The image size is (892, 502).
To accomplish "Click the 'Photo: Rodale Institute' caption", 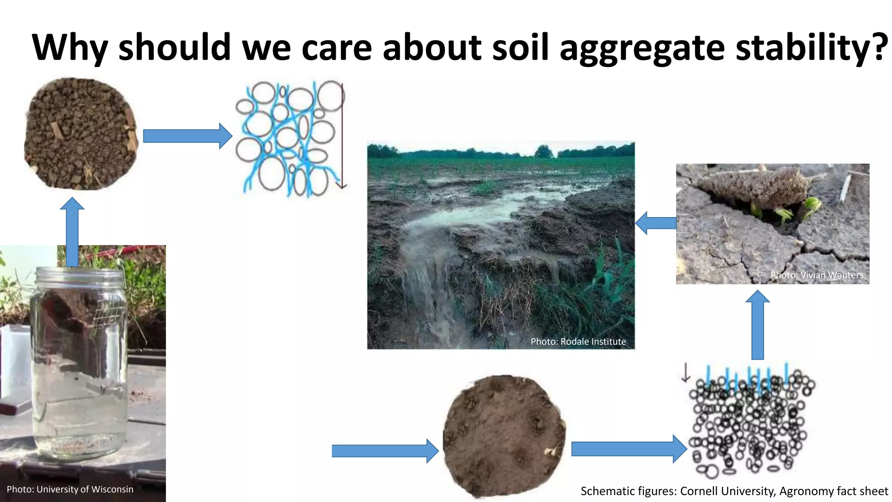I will click(x=578, y=342).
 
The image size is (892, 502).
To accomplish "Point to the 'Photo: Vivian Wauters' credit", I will click(x=817, y=275).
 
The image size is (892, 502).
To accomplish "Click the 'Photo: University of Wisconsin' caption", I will click(x=70, y=489).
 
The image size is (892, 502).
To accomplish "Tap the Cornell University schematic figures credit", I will click(x=734, y=491).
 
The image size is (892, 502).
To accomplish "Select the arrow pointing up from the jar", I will click(x=72, y=231).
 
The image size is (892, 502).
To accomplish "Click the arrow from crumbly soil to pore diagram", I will click(x=187, y=136).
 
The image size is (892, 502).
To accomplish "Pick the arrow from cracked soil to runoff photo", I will click(x=656, y=223).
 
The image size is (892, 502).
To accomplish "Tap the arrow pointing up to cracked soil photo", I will click(x=757, y=325).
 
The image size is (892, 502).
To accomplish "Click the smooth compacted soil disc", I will click(x=504, y=436).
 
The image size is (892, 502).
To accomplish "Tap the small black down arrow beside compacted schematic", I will click(x=686, y=373).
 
